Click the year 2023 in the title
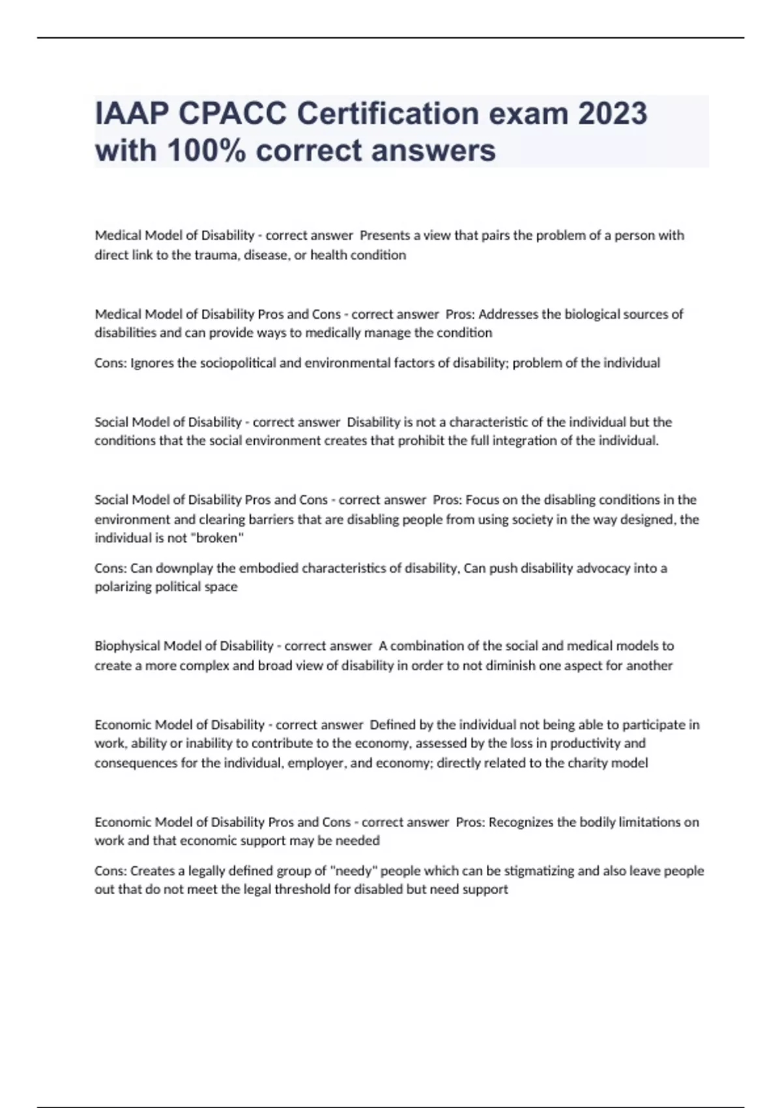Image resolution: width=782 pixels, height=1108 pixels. [x=612, y=114]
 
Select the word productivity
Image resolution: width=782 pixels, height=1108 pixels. [x=585, y=743]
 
